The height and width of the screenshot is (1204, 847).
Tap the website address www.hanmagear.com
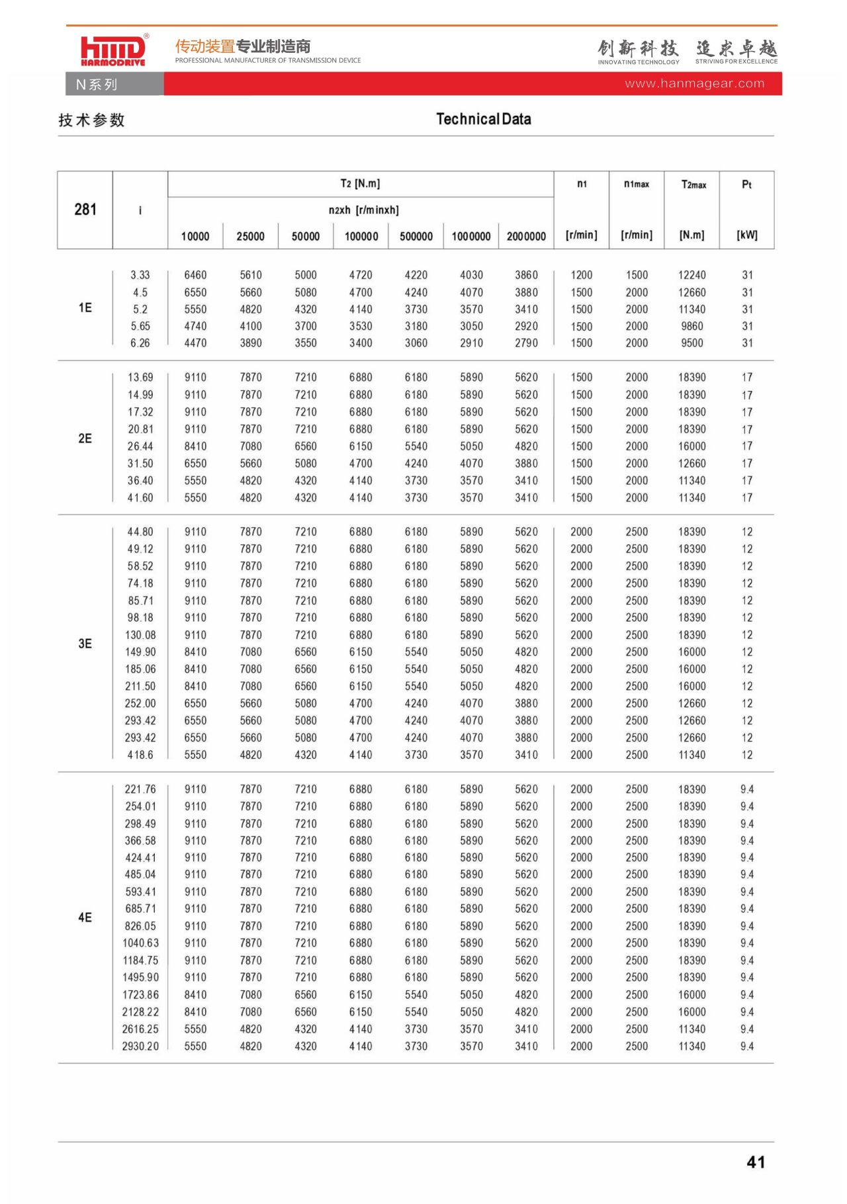(694, 84)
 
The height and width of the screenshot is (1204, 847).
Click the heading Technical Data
(483, 119)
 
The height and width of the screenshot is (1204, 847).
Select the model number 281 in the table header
(85, 210)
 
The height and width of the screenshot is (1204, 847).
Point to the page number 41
(756, 1162)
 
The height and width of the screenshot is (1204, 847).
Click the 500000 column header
(416, 236)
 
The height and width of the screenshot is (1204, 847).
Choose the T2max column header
(693, 185)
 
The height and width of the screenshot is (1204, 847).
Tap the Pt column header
(746, 185)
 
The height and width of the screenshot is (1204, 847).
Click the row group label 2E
(85, 438)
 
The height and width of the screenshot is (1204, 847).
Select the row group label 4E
(85, 918)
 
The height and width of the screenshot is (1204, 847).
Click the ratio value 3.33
(140, 275)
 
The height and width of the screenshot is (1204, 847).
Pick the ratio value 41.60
(140, 497)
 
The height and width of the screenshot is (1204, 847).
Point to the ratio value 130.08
(140, 634)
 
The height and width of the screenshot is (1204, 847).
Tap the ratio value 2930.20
(140, 1046)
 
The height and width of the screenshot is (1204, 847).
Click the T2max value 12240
(692, 275)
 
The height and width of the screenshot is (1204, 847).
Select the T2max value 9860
(692, 326)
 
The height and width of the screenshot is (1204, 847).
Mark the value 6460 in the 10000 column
(195, 275)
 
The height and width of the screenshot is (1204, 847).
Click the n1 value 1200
(582, 275)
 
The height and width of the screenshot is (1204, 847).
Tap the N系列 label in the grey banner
(97, 85)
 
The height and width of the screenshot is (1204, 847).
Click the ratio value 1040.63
(140, 943)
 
